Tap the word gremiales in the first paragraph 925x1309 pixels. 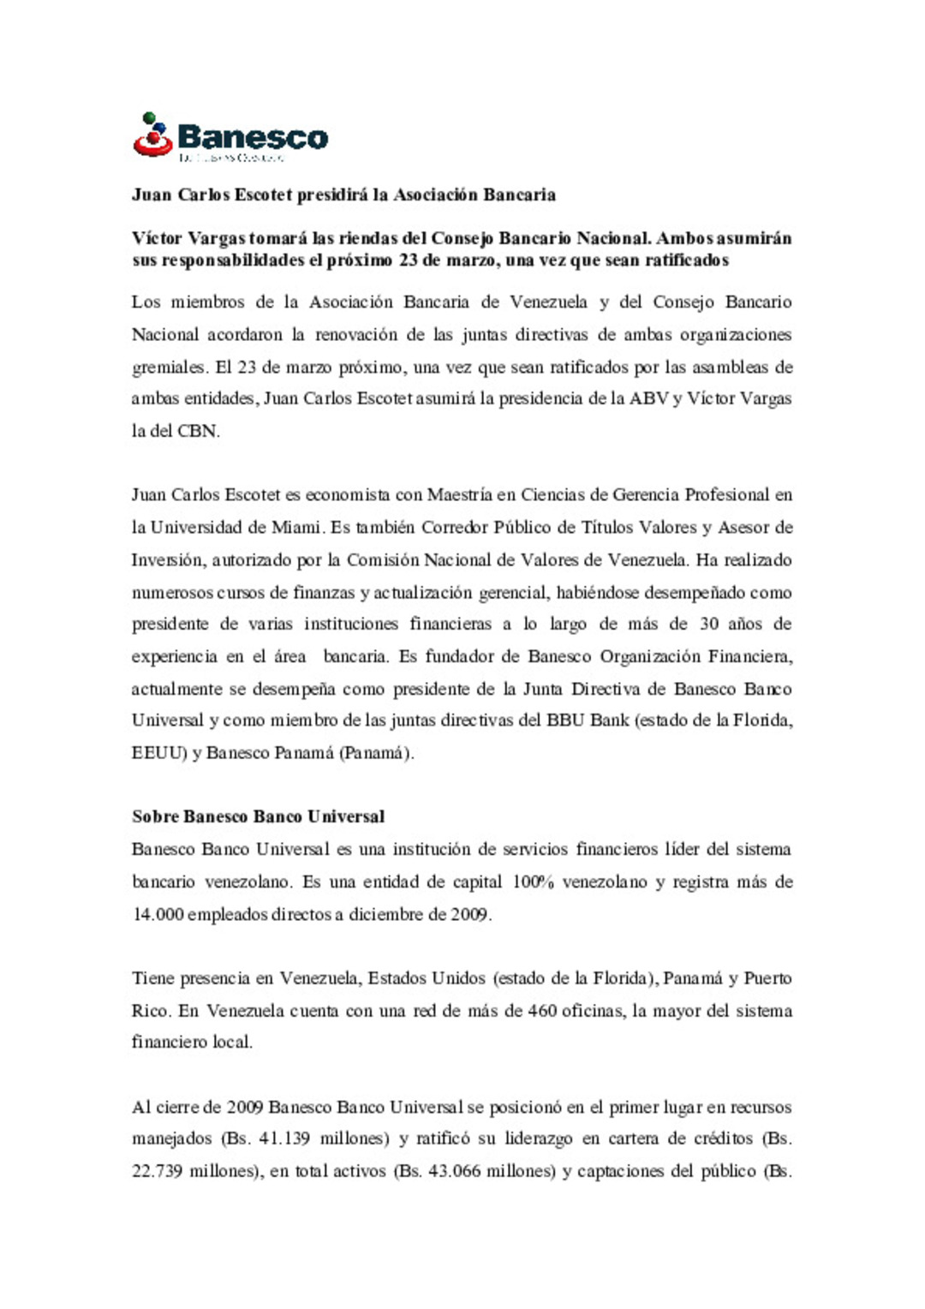[169, 368]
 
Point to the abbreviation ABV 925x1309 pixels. [648, 399]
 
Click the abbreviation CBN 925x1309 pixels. [198, 432]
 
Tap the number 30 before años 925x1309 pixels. [709, 625]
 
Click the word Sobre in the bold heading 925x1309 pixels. [154, 817]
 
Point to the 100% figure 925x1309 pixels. [533, 882]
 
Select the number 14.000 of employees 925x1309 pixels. [158, 915]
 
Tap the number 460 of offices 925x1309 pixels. [542, 1011]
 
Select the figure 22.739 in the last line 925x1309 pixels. [157, 1172]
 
